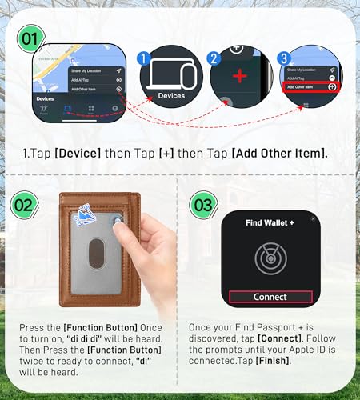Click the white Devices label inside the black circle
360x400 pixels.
(x=171, y=96)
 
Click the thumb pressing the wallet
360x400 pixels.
(x=121, y=230)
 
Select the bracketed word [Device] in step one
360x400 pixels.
(x=77, y=153)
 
